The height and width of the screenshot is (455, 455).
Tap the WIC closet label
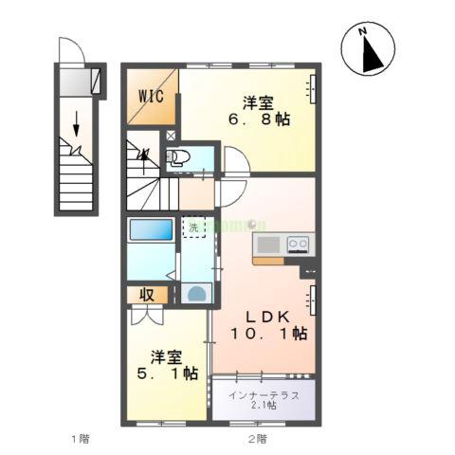(151, 96)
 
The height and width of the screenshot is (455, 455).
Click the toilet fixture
(180, 157)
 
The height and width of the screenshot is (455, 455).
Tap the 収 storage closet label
(148, 295)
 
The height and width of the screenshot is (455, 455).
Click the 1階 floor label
(80, 438)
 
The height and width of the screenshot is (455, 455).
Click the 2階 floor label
(257, 438)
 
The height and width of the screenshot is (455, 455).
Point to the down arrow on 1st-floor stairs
(76, 120)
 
